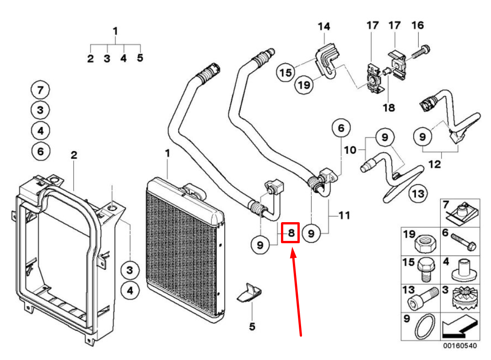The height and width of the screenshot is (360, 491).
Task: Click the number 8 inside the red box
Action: click(291, 233)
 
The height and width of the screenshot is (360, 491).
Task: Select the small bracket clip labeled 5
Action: click(249, 294)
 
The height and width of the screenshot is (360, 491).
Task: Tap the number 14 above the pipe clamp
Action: click(324, 27)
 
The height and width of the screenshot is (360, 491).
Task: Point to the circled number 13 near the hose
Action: click(418, 194)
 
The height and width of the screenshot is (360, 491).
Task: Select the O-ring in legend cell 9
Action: click(425, 327)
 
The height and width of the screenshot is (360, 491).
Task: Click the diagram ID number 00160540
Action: click(459, 346)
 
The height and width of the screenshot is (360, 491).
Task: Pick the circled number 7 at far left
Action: click(40, 90)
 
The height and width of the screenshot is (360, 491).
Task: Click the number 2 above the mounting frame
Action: click(74, 155)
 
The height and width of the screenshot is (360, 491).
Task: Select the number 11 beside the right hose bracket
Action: click(345, 214)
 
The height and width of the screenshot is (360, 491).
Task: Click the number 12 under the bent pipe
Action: click(435, 164)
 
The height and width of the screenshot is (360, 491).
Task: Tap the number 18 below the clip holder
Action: click(388, 108)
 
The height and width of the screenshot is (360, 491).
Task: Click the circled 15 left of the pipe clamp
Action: click(286, 72)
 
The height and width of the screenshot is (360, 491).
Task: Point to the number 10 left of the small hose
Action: click(350, 150)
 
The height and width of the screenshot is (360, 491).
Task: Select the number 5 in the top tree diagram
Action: click(140, 58)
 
